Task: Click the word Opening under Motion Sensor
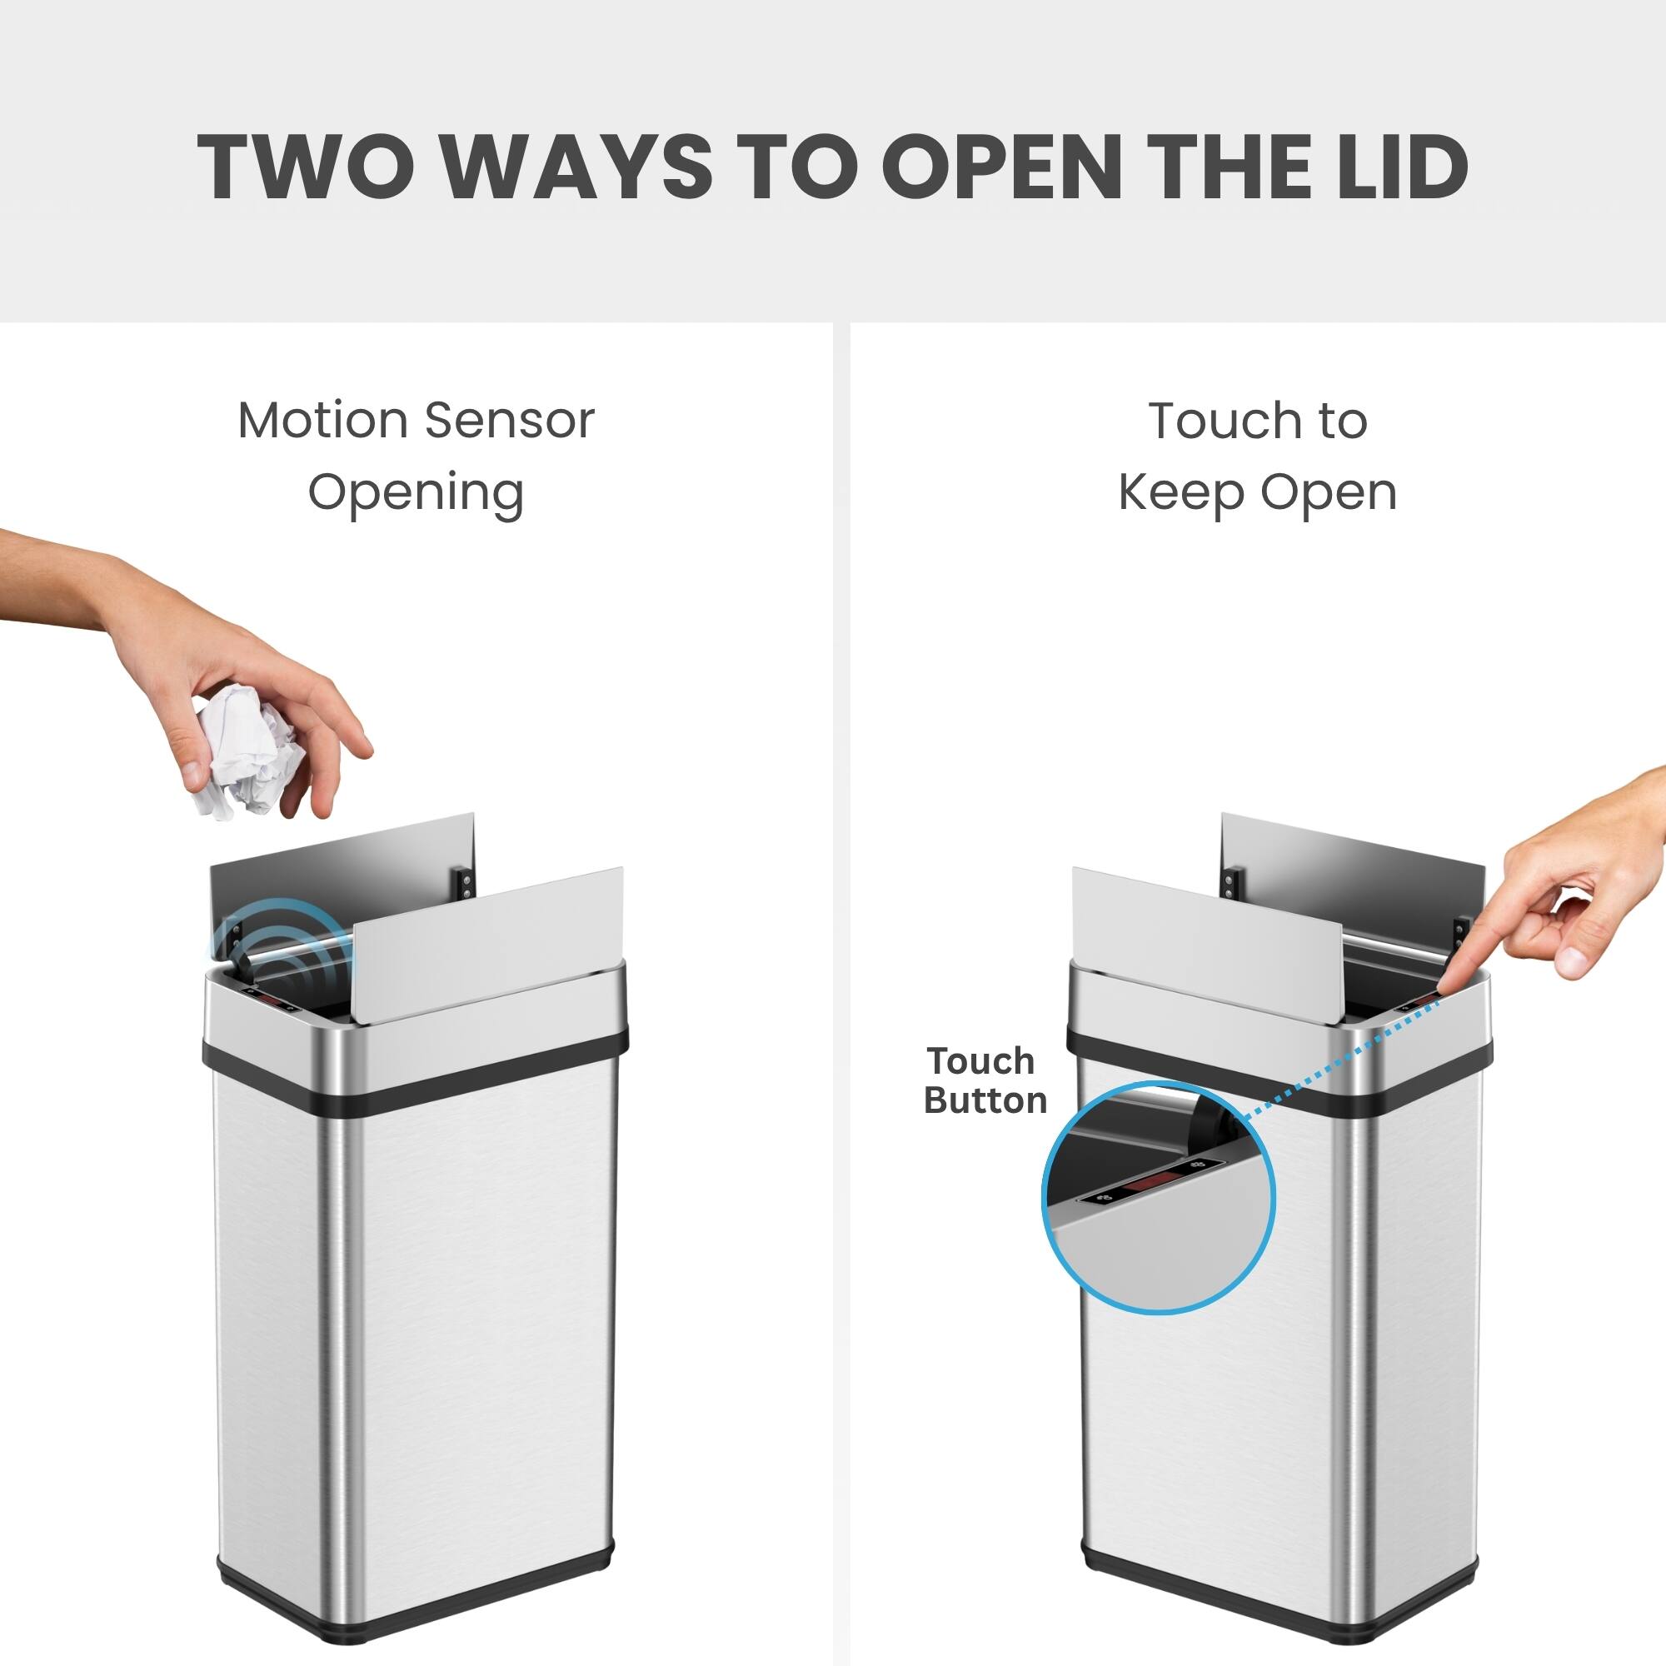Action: (416, 493)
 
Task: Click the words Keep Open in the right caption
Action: (1256, 493)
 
